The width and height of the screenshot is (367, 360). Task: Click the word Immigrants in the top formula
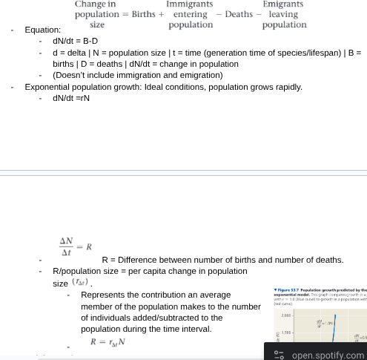189,4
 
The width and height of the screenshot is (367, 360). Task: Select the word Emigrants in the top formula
282,4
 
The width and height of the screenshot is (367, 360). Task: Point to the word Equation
43,30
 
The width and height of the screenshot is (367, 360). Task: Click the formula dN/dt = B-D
75,42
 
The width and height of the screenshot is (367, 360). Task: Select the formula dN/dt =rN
71,98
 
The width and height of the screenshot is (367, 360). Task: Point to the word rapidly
288,87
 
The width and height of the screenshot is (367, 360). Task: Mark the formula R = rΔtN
108,342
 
